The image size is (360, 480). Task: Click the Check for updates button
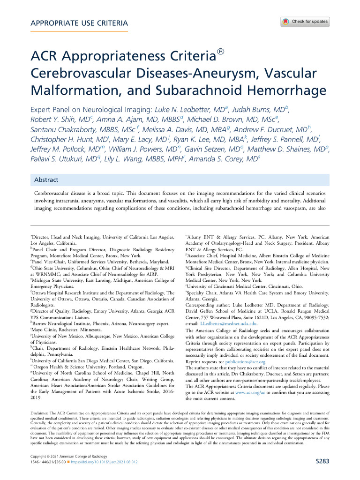[x=305, y=22]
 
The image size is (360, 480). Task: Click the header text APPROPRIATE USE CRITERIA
[x=79, y=23]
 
